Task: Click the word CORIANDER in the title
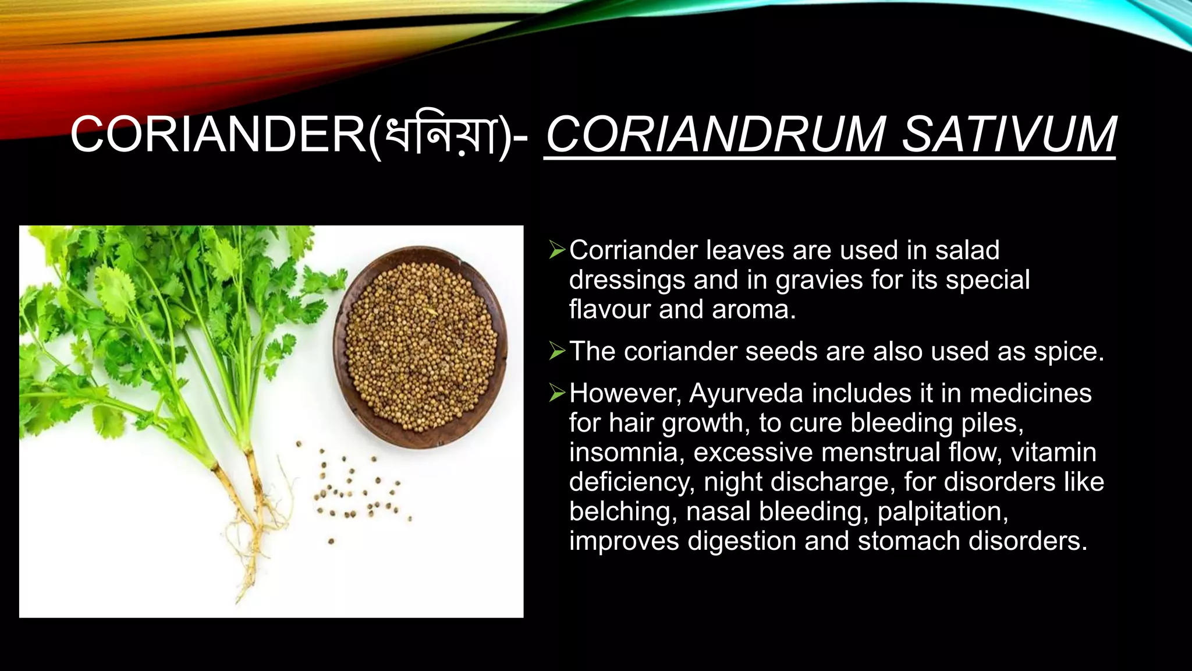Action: (x=218, y=135)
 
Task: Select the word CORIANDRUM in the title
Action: (x=715, y=135)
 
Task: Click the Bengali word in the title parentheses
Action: (x=441, y=136)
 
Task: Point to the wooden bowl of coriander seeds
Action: (x=420, y=347)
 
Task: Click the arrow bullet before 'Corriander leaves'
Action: (x=556, y=251)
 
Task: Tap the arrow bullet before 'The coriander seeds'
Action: (x=556, y=352)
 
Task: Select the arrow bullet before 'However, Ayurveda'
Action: (x=556, y=394)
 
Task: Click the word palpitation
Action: (x=942, y=512)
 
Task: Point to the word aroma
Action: (x=753, y=309)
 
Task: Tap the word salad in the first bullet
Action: (x=967, y=250)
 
